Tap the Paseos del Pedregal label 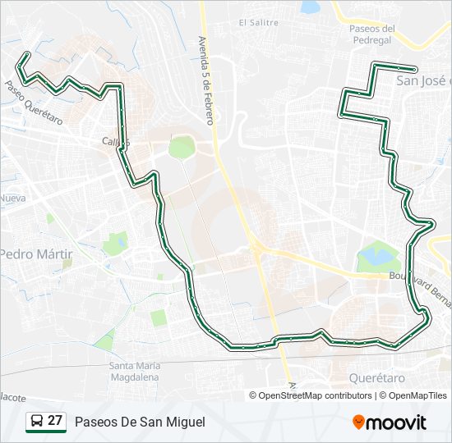(x=373, y=35)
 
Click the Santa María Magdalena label (x=134, y=371)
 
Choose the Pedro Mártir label (x=37, y=254)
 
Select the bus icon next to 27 (x=37, y=422)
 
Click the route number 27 (x=55, y=421)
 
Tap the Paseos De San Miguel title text (x=140, y=422)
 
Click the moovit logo (x=390, y=422)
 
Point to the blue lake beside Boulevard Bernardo (x=376, y=255)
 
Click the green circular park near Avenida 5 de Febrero (x=182, y=147)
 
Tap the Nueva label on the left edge (x=12, y=199)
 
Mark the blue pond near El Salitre (x=311, y=7)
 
